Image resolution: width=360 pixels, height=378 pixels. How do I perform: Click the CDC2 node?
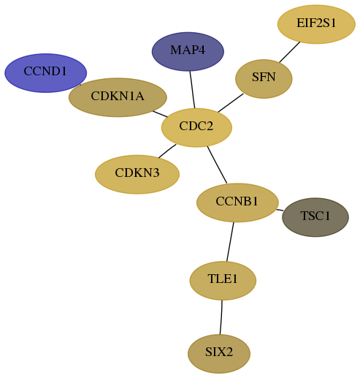point(196,127)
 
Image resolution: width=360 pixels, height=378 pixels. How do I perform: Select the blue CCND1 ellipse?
point(45,73)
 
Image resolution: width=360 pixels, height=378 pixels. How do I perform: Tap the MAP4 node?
point(188,51)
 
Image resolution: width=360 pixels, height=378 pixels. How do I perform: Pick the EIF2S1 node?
point(316,24)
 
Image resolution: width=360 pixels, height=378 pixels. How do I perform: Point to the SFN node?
point(264,79)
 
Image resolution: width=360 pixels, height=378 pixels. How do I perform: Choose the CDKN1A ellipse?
point(118,97)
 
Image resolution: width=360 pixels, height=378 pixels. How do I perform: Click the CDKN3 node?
point(137,174)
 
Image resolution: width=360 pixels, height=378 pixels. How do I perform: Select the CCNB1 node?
point(237,203)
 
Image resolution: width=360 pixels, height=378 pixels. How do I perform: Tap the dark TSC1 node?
point(315,217)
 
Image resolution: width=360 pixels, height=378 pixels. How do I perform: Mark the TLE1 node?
point(223,281)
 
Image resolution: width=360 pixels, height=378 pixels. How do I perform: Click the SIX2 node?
point(219,354)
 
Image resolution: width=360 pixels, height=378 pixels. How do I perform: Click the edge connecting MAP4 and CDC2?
point(192,89)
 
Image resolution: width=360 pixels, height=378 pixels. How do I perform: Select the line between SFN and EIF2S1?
point(290,52)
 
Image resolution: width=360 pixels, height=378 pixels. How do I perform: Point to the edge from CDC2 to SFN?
point(231,103)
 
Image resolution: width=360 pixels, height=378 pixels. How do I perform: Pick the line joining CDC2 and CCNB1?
point(217,165)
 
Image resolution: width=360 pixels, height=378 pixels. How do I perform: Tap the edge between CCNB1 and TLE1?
point(230,241)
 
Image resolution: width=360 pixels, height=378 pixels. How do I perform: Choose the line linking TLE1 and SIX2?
point(221,317)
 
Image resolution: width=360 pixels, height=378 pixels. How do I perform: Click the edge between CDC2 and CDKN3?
point(167,151)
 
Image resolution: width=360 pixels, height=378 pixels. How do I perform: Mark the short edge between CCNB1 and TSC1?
point(280,210)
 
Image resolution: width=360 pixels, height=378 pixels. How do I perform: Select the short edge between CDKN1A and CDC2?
point(160,114)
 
